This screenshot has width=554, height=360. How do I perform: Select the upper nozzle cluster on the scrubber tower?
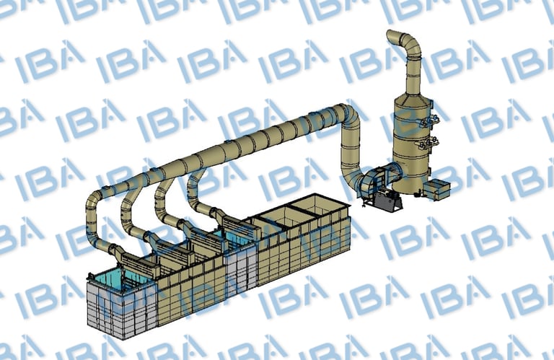(x=429, y=121)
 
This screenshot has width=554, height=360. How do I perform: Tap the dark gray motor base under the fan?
(x=388, y=203)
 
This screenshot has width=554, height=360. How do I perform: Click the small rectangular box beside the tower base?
(x=436, y=189)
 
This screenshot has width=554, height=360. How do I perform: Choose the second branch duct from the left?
(x=129, y=212)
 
